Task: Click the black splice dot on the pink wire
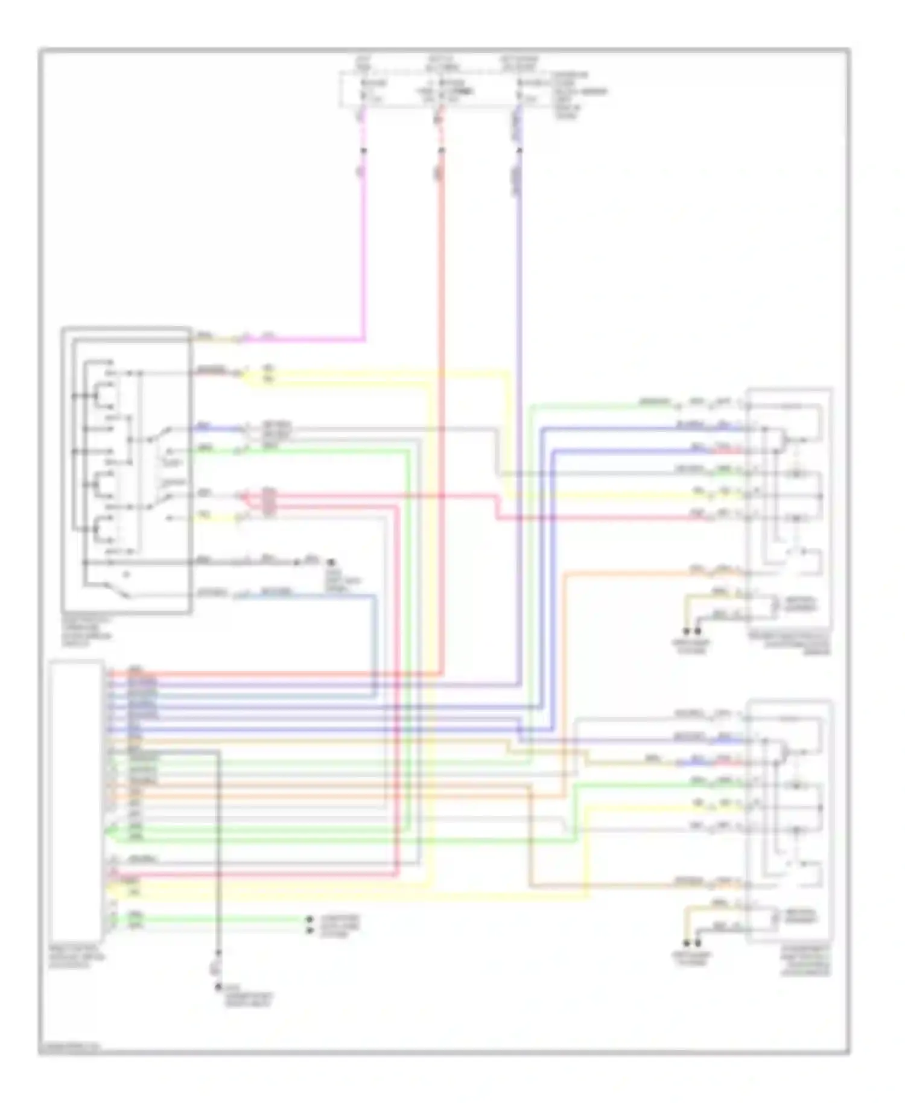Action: tap(363, 149)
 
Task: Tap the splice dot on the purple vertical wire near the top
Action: tap(519, 149)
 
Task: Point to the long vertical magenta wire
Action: tap(363, 253)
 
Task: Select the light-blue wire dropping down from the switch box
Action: tap(375, 640)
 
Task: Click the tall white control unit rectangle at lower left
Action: tap(77, 803)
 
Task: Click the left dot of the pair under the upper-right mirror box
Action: tap(687, 632)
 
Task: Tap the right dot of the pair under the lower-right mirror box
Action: tap(698, 943)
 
